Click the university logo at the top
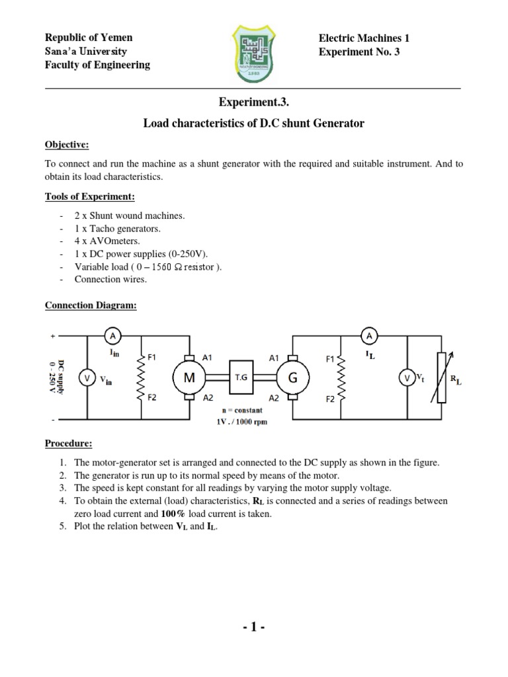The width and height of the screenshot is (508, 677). [255, 52]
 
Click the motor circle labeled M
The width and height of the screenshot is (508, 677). [189, 378]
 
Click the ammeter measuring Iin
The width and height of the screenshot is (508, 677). [112, 336]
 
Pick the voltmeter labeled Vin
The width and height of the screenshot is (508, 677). [87, 378]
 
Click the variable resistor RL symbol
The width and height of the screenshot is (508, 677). [442, 378]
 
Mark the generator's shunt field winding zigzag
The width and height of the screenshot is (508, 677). [341, 378]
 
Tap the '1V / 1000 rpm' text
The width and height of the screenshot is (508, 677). [241, 422]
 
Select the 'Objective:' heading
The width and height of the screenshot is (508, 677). [67, 144]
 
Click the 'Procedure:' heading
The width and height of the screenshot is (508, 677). [69, 443]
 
